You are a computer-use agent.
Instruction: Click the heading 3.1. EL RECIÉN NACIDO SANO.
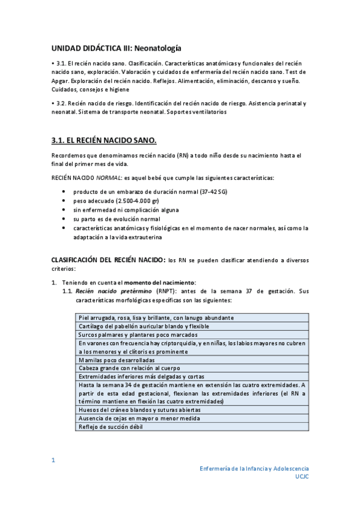104,141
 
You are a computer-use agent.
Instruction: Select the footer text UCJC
302,476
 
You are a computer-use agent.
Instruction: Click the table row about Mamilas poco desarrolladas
117,360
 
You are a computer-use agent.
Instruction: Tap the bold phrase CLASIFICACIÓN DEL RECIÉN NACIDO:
108,260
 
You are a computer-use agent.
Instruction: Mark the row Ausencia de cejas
139,418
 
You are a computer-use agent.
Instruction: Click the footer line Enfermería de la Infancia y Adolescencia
254,467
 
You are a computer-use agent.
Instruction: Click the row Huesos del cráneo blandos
143,410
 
